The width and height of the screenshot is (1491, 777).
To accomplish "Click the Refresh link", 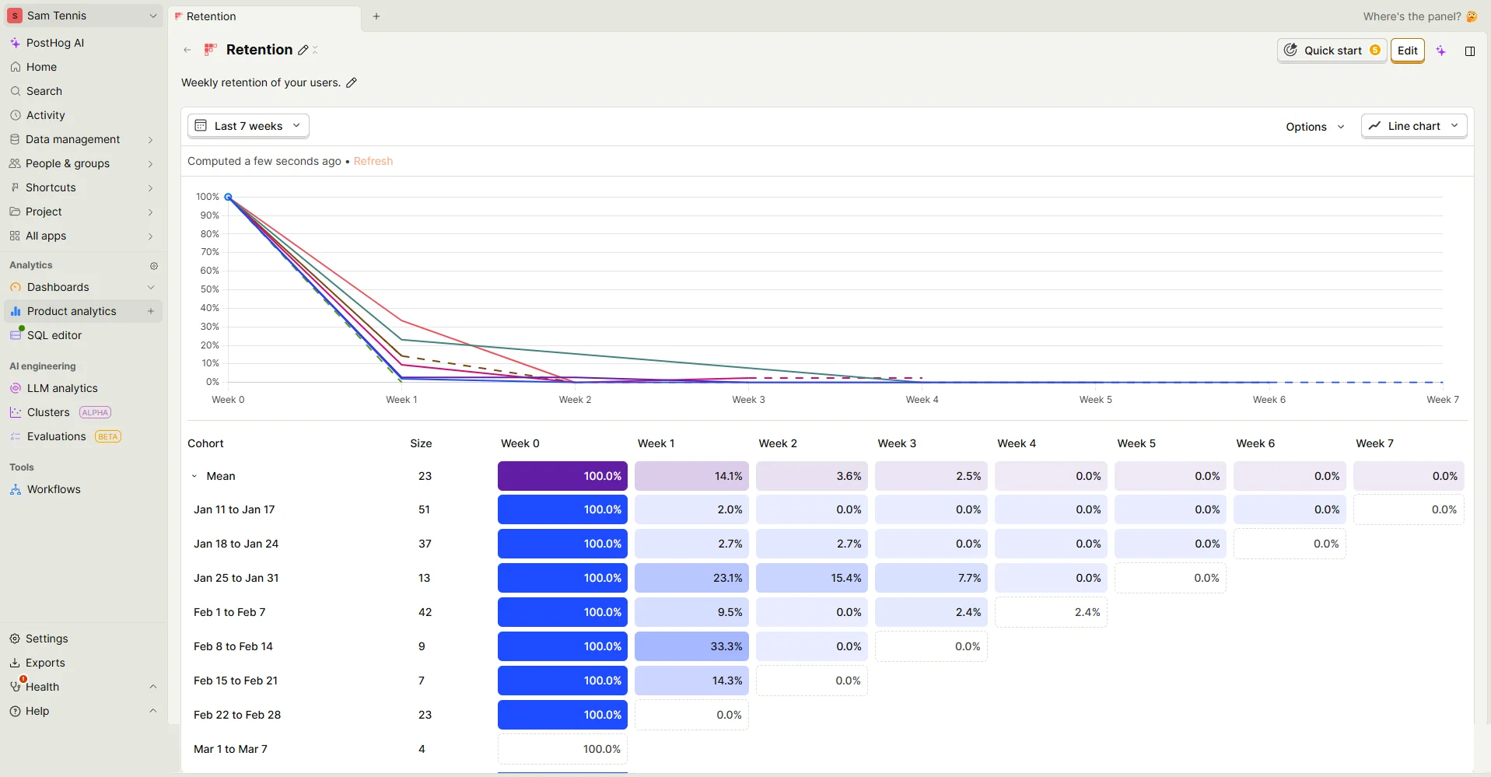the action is click(373, 161).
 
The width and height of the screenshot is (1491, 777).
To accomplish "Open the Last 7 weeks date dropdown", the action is click(248, 126).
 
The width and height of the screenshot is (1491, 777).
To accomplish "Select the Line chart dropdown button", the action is click(1414, 126).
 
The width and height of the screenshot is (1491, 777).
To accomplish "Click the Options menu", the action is click(1314, 127).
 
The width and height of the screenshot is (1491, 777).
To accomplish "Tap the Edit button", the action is click(1407, 51).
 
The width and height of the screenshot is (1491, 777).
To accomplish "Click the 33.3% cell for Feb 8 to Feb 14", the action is click(691, 646).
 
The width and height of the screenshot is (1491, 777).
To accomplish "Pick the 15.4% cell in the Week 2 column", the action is click(811, 578).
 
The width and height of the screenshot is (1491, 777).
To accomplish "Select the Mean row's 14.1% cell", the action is click(691, 476).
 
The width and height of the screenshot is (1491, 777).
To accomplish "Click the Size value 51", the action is click(424, 509).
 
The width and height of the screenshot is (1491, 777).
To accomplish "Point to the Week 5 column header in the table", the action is click(1136, 443).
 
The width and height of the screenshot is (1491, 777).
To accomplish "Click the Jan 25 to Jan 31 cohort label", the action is click(236, 578).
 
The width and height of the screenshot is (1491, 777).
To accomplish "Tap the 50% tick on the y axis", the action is click(210, 289).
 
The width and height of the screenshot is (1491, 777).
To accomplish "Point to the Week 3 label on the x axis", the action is click(748, 400).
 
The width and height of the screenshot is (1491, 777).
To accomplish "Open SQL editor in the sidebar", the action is click(54, 335).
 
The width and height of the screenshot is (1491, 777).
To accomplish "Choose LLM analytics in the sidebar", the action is click(62, 388).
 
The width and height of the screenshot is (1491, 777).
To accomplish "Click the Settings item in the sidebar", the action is click(47, 639).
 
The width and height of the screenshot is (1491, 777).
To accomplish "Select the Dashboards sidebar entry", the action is click(58, 287).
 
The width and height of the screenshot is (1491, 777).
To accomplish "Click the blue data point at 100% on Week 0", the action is click(228, 197).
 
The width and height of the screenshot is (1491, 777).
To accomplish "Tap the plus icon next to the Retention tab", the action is click(376, 16).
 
